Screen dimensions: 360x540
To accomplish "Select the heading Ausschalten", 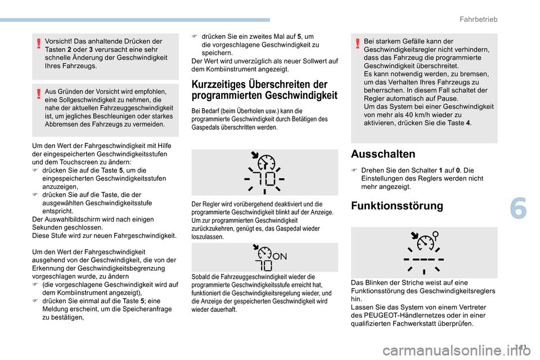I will [x=382, y=154].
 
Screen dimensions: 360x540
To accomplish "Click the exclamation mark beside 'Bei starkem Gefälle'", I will [x=357, y=41].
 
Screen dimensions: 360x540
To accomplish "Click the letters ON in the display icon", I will [x=279, y=256].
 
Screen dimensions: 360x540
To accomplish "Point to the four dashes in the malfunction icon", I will [x=424, y=260].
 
